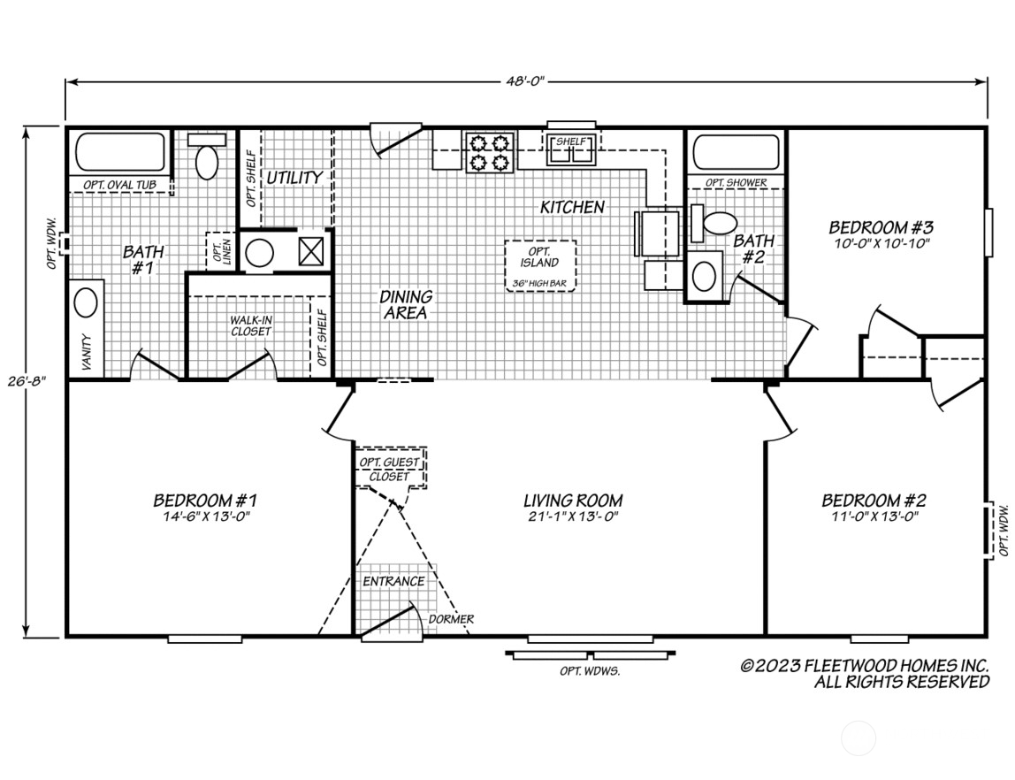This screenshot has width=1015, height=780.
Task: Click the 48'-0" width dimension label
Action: tap(524, 81)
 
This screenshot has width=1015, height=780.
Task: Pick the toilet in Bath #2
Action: tap(719, 224)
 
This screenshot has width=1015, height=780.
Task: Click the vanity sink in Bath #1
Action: tap(86, 303)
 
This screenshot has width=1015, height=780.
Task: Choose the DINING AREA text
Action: tap(406, 304)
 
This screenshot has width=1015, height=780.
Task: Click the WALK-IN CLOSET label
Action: tap(251, 325)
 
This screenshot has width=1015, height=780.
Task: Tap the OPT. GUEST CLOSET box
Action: tap(390, 469)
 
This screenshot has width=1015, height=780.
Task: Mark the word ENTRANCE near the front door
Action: tap(393, 581)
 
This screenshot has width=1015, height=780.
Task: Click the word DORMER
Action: tap(450, 619)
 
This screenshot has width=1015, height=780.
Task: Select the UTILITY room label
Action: tap(294, 177)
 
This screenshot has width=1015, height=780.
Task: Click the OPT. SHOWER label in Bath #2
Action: tap(736, 183)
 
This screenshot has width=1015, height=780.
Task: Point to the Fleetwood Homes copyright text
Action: tap(864, 673)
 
